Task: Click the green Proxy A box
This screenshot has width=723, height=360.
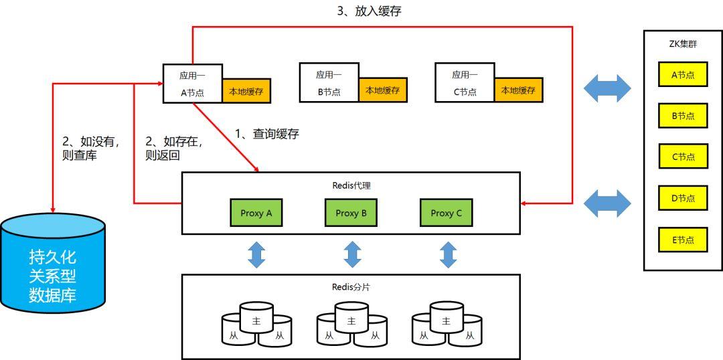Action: [x=256, y=213]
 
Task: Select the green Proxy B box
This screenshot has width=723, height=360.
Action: [x=351, y=213]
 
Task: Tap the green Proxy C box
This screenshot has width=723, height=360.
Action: [x=446, y=213]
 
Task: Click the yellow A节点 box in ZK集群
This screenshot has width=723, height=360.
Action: [x=683, y=74]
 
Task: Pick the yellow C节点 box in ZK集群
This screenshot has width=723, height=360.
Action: [x=683, y=157]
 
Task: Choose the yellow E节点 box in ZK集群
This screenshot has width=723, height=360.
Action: [x=683, y=240]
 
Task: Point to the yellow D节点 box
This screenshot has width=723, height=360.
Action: [x=683, y=198]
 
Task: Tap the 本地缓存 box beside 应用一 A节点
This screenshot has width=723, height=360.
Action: [x=246, y=90]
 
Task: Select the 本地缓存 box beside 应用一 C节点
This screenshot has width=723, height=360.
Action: [x=518, y=90]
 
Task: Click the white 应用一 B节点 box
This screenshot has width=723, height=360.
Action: [x=329, y=83]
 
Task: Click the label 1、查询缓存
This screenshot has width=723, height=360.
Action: [x=266, y=134]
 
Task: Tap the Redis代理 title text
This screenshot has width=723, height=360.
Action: [x=351, y=185]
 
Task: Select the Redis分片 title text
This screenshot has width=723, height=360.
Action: [x=351, y=287]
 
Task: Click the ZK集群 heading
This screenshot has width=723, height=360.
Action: [x=683, y=44]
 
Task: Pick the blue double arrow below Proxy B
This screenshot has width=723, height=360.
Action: [x=352, y=254]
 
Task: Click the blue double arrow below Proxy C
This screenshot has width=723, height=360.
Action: [x=448, y=254]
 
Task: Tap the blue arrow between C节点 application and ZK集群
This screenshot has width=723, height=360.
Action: [x=607, y=88]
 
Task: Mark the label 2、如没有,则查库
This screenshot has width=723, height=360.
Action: [x=90, y=148]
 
